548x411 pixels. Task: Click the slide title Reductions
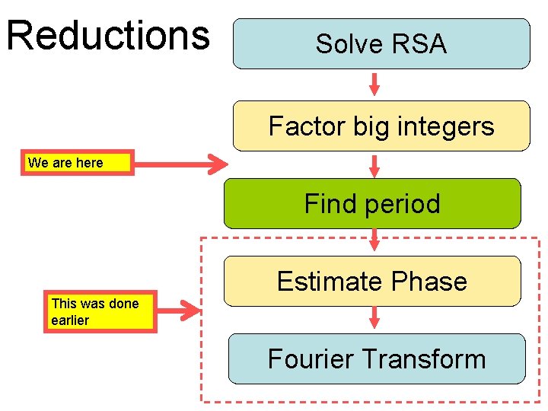tap(107, 35)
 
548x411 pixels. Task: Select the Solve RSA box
tap(381, 44)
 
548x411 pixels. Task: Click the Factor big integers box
tap(381, 126)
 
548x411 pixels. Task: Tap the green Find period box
tap(372, 203)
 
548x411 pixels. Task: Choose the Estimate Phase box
tap(372, 281)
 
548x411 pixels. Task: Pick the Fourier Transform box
tap(377, 358)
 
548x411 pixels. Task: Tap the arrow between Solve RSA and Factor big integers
tap(374, 84)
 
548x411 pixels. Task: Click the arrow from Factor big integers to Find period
tap(374, 164)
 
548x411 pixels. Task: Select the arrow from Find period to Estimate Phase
tap(374, 241)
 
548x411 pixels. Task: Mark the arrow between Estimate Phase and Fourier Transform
tap(374, 318)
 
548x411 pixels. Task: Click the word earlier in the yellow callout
tap(70, 320)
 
